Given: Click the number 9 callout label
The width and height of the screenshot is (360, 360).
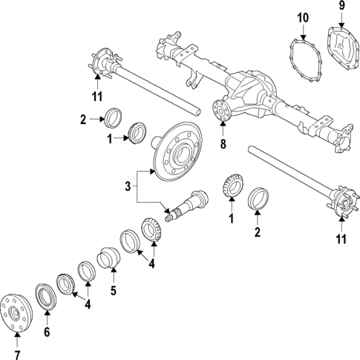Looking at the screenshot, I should pyautogui.click(x=341, y=6).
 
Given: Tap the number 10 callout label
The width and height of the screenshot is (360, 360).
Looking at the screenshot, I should pyautogui.click(x=303, y=18).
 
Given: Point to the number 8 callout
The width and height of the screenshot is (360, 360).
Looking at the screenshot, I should pyautogui.click(x=222, y=143).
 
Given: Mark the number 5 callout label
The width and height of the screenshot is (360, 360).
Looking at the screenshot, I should pyautogui.click(x=114, y=291).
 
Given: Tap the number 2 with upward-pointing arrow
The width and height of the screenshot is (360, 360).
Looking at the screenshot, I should pyautogui.click(x=258, y=233).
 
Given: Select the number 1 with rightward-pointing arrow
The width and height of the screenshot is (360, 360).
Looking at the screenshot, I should pyautogui.click(x=110, y=138).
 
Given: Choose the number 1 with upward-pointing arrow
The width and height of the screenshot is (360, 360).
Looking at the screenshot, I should pyautogui.click(x=231, y=220).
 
